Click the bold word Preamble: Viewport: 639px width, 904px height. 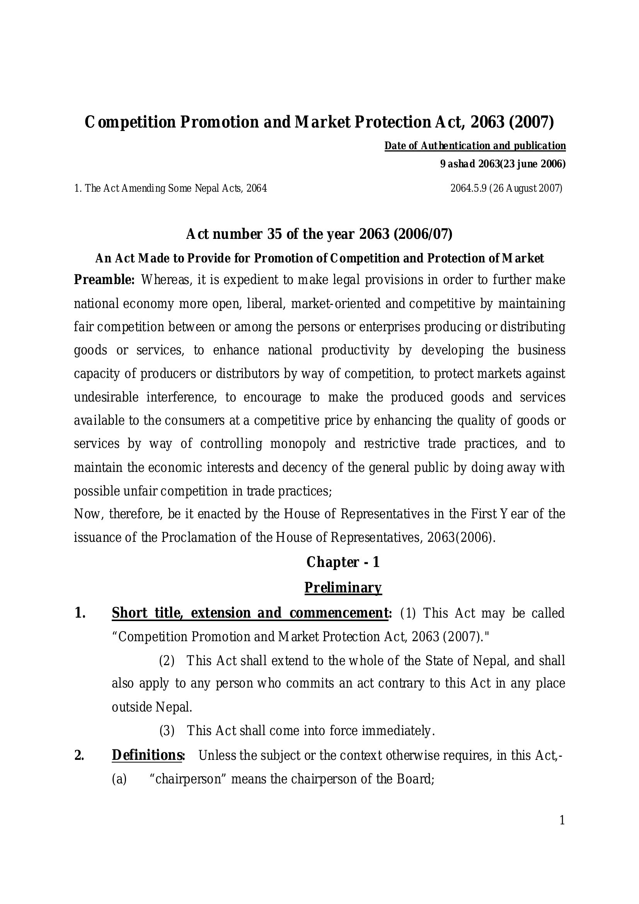(104, 280)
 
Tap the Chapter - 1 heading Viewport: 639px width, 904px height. (343, 562)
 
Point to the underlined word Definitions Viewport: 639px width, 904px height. (147, 755)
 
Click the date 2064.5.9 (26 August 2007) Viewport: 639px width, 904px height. (506, 188)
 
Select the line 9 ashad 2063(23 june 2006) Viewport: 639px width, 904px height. (503, 164)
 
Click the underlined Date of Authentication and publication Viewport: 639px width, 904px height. (475, 146)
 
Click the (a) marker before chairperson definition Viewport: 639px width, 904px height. (119, 779)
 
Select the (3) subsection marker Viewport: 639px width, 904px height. (167, 731)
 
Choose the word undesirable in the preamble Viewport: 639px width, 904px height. (106, 397)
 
